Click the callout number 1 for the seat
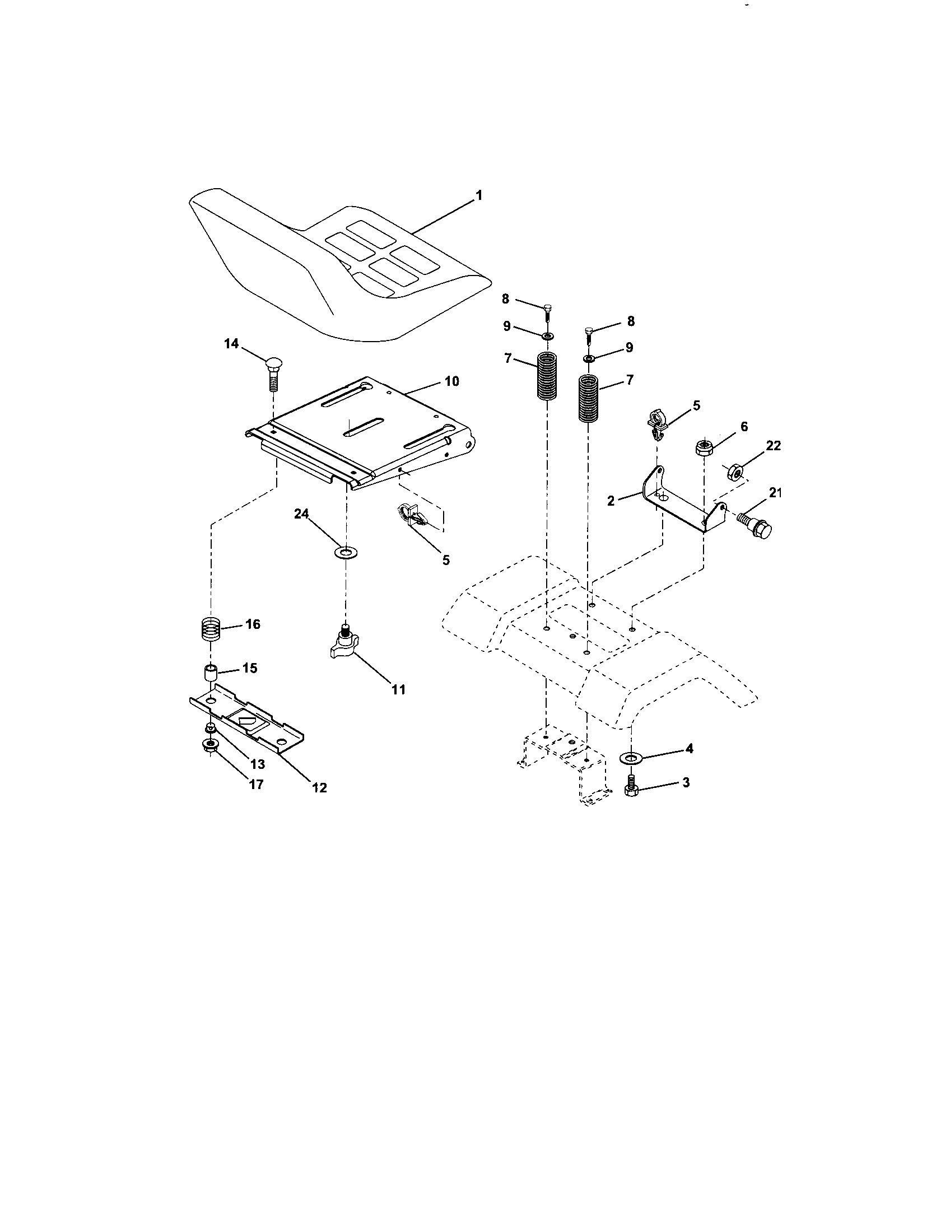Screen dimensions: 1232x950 [478, 196]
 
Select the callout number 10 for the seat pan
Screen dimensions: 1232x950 [451, 381]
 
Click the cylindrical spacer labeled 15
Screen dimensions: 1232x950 [211, 673]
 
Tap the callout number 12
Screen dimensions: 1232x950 [319, 787]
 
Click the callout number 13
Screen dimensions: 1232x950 [257, 764]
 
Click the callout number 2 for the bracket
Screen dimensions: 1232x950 [611, 500]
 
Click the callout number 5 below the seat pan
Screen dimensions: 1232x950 [446, 560]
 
